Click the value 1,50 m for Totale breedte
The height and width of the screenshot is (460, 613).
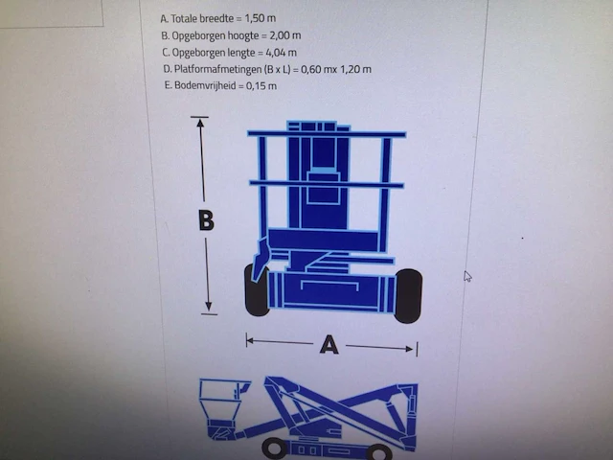261,18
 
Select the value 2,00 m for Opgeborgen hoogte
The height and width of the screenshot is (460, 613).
285,35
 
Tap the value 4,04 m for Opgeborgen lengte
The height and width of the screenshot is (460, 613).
281,53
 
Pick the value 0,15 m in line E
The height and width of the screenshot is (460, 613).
261,85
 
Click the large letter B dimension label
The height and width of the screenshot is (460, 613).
207,220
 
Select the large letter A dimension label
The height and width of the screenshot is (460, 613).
329,345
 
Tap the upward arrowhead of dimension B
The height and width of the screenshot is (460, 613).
200,123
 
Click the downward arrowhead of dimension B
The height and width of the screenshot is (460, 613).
209,307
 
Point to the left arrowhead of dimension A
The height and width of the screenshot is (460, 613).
250,341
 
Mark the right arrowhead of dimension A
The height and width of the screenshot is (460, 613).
410,349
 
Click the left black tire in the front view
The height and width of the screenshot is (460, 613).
256,290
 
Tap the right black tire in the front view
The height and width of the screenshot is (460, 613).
408,296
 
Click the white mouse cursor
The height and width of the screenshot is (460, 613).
467,276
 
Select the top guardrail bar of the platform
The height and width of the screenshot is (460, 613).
327,134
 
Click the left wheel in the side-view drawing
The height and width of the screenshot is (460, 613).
275,448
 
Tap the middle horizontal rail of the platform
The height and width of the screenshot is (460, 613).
327,184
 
